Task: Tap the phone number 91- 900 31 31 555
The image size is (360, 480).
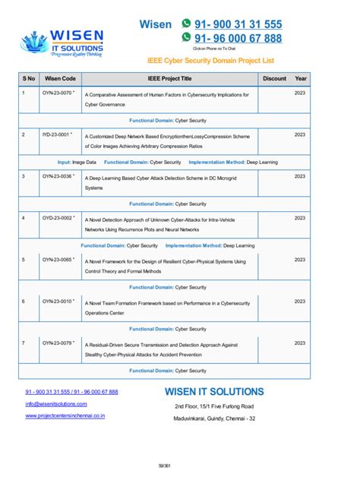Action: point(238,24)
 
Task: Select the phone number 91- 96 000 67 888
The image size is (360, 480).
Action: point(238,38)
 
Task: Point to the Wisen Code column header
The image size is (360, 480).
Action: point(60,78)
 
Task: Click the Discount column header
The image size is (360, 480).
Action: point(274,78)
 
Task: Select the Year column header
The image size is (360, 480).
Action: point(301,78)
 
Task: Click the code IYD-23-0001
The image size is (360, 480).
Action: point(58,134)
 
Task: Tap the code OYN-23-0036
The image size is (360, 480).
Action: point(58,176)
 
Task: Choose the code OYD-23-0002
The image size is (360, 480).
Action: point(58,218)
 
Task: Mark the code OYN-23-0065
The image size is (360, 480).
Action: point(58,260)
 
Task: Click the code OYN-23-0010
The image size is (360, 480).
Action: point(58,301)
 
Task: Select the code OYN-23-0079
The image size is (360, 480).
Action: point(58,343)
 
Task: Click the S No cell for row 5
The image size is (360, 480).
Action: point(24,260)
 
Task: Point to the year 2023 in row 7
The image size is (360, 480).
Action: point(300,343)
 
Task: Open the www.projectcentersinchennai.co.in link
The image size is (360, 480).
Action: point(65,416)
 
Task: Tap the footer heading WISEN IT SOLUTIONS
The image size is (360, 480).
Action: point(214,392)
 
